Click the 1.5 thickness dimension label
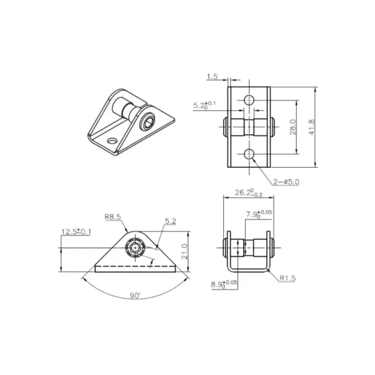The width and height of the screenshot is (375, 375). pos(212,77)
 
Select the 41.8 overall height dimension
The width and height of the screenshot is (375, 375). pos(312,127)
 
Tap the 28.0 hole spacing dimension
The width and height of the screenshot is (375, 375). pos(293,127)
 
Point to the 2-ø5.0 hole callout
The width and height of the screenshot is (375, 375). pos(286,182)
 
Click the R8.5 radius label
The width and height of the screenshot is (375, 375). pos(113,217)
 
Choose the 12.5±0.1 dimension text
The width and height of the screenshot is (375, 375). pos(76,232)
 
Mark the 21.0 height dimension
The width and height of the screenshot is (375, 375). pos(184,251)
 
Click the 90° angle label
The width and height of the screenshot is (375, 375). pos(135,295)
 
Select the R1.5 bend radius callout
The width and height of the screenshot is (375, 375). pos(288,278)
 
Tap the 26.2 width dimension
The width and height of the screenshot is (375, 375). pos(248,193)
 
